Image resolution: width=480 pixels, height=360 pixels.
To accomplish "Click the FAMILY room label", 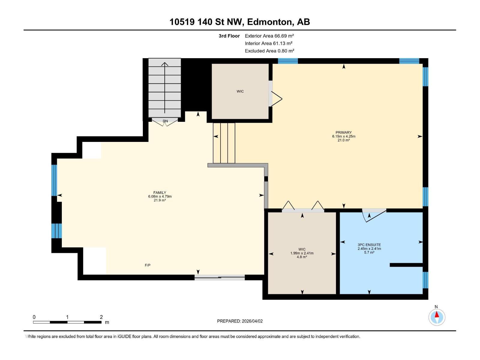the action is tap(160, 193).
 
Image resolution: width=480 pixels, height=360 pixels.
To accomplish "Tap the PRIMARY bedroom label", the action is tap(343, 133).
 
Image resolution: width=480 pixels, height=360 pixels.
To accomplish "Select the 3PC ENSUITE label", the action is tap(369, 245).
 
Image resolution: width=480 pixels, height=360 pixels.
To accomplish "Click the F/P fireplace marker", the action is tap(148, 265).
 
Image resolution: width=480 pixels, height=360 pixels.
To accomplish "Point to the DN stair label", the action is tap(165, 121).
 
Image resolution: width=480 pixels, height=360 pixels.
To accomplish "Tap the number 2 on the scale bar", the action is tap(101, 317).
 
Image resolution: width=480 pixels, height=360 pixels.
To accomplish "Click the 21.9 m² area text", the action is tap(160, 200).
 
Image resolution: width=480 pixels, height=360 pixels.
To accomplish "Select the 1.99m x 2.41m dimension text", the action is tap(302, 253).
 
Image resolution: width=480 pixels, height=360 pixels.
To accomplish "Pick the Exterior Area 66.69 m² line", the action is tap(269, 36).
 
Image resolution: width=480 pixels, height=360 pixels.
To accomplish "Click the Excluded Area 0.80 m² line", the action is tap(269, 51).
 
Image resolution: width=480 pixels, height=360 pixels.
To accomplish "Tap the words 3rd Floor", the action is tap(229, 36).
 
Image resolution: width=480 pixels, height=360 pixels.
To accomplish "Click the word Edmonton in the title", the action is tap(271, 22).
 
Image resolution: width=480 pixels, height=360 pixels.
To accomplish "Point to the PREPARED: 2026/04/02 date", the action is tap(240, 321).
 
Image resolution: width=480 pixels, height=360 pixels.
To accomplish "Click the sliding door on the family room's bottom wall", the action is tap(220, 277).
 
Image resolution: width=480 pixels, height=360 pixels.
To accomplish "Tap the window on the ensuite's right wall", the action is tap(425, 280).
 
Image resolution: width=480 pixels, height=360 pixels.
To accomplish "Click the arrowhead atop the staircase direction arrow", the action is tap(165, 64).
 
